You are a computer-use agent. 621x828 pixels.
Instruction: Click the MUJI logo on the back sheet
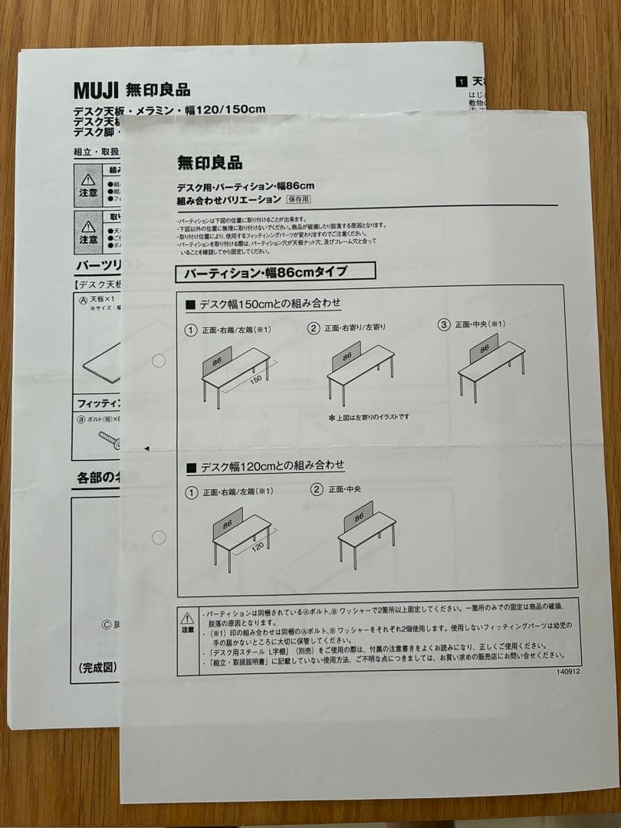(95, 90)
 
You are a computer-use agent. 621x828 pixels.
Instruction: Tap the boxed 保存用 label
(298, 199)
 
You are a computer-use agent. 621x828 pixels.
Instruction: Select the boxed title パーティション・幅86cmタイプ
(274, 271)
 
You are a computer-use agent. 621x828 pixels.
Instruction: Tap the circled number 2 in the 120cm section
(317, 489)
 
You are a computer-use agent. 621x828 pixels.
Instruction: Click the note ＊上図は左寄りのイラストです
(369, 417)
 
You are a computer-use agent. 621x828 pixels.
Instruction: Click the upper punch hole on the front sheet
(159, 360)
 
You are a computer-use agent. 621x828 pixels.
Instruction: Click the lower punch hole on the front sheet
(159, 537)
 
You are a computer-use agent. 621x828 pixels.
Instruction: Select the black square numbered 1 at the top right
(460, 80)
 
